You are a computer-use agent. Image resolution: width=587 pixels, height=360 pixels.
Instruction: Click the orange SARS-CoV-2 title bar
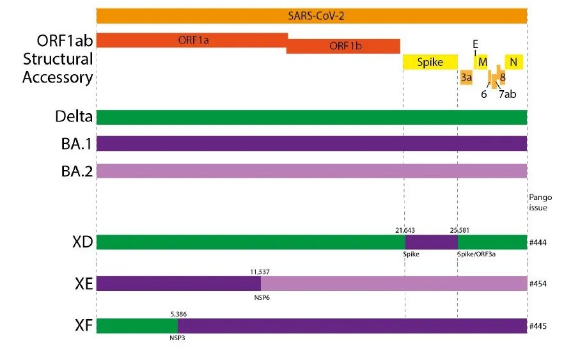click(311, 15)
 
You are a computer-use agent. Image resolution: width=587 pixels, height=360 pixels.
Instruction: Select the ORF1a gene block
click(192, 40)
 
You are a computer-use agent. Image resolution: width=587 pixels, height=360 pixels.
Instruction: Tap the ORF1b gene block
click(343, 46)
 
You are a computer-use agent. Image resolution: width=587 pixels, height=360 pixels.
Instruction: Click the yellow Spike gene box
click(430, 62)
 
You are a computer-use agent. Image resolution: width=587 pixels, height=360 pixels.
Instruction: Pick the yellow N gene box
click(514, 61)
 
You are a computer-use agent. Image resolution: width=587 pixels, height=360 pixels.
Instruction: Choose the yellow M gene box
click(482, 61)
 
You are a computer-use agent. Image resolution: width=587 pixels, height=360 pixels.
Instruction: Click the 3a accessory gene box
click(466, 77)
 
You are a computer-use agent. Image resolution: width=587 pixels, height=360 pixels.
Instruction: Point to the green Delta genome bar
click(311, 117)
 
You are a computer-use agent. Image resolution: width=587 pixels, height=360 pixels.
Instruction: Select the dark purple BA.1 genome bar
click(311, 143)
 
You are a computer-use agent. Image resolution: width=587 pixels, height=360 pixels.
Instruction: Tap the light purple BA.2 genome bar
click(311, 171)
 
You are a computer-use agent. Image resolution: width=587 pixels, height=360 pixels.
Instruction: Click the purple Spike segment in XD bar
click(431, 242)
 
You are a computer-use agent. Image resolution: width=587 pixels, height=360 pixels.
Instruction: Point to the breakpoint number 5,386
click(178, 314)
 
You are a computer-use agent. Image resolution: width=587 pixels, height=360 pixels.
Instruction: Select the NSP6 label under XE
click(262, 297)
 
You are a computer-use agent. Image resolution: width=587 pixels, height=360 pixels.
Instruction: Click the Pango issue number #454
click(537, 284)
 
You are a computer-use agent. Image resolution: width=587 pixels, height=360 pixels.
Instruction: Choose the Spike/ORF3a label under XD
click(476, 254)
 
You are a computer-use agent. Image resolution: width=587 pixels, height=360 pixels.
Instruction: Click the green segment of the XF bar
click(137, 325)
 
